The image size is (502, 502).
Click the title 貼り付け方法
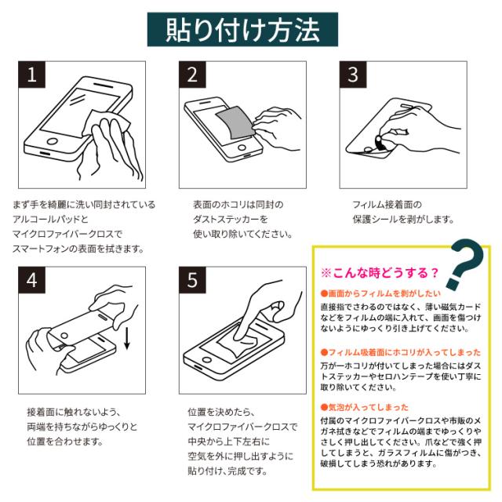242,30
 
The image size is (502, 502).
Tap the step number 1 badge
31,75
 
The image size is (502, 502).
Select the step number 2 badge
192,75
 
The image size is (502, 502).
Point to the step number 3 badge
353,75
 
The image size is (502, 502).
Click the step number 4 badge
31,280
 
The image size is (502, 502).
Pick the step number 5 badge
192,280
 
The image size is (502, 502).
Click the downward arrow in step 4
127,338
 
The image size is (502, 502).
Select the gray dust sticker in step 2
235,122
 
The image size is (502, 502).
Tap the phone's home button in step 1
53,141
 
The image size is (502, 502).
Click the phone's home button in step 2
242,148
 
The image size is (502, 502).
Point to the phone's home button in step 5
206,360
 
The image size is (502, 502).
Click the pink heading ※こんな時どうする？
380,273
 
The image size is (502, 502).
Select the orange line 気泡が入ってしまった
365,407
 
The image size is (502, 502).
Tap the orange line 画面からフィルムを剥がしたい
380,293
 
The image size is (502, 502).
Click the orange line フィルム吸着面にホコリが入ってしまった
401,352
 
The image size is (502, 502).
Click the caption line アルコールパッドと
50,220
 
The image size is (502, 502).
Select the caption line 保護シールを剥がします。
403,220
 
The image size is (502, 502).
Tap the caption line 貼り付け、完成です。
227,471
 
